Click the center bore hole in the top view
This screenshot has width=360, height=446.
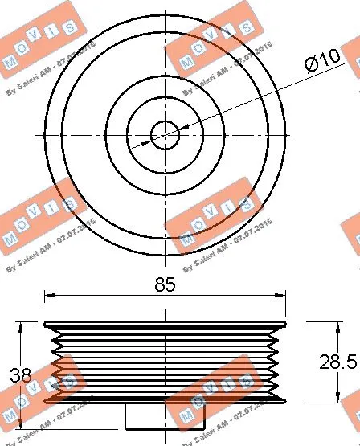(x=165, y=134)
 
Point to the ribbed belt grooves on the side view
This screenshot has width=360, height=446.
(x=165, y=362)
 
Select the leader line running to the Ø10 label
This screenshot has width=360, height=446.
(x=241, y=105)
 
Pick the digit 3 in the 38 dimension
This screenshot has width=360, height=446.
(x=18, y=374)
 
